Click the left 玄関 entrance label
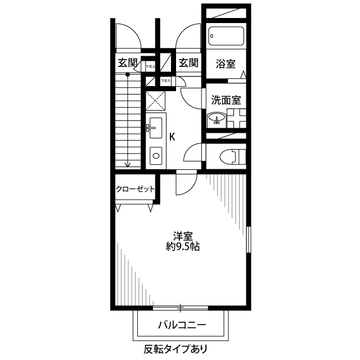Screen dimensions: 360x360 [x=128, y=63]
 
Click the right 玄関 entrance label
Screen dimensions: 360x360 [x=188, y=63]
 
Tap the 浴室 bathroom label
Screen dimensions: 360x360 [x=225, y=64]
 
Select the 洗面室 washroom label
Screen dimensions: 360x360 [x=226, y=101]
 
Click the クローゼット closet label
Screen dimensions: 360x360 [x=135, y=190]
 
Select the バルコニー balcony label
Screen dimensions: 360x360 [x=182, y=325]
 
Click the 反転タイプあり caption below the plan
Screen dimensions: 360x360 [x=175, y=349]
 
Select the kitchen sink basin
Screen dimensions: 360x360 [x=155, y=125]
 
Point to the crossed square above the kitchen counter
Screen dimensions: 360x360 [x=155, y=100]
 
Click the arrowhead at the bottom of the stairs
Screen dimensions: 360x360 [x=128, y=165]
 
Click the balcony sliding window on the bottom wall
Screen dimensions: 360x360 [x=180, y=308]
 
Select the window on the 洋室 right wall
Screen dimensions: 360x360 [x=249, y=239]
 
